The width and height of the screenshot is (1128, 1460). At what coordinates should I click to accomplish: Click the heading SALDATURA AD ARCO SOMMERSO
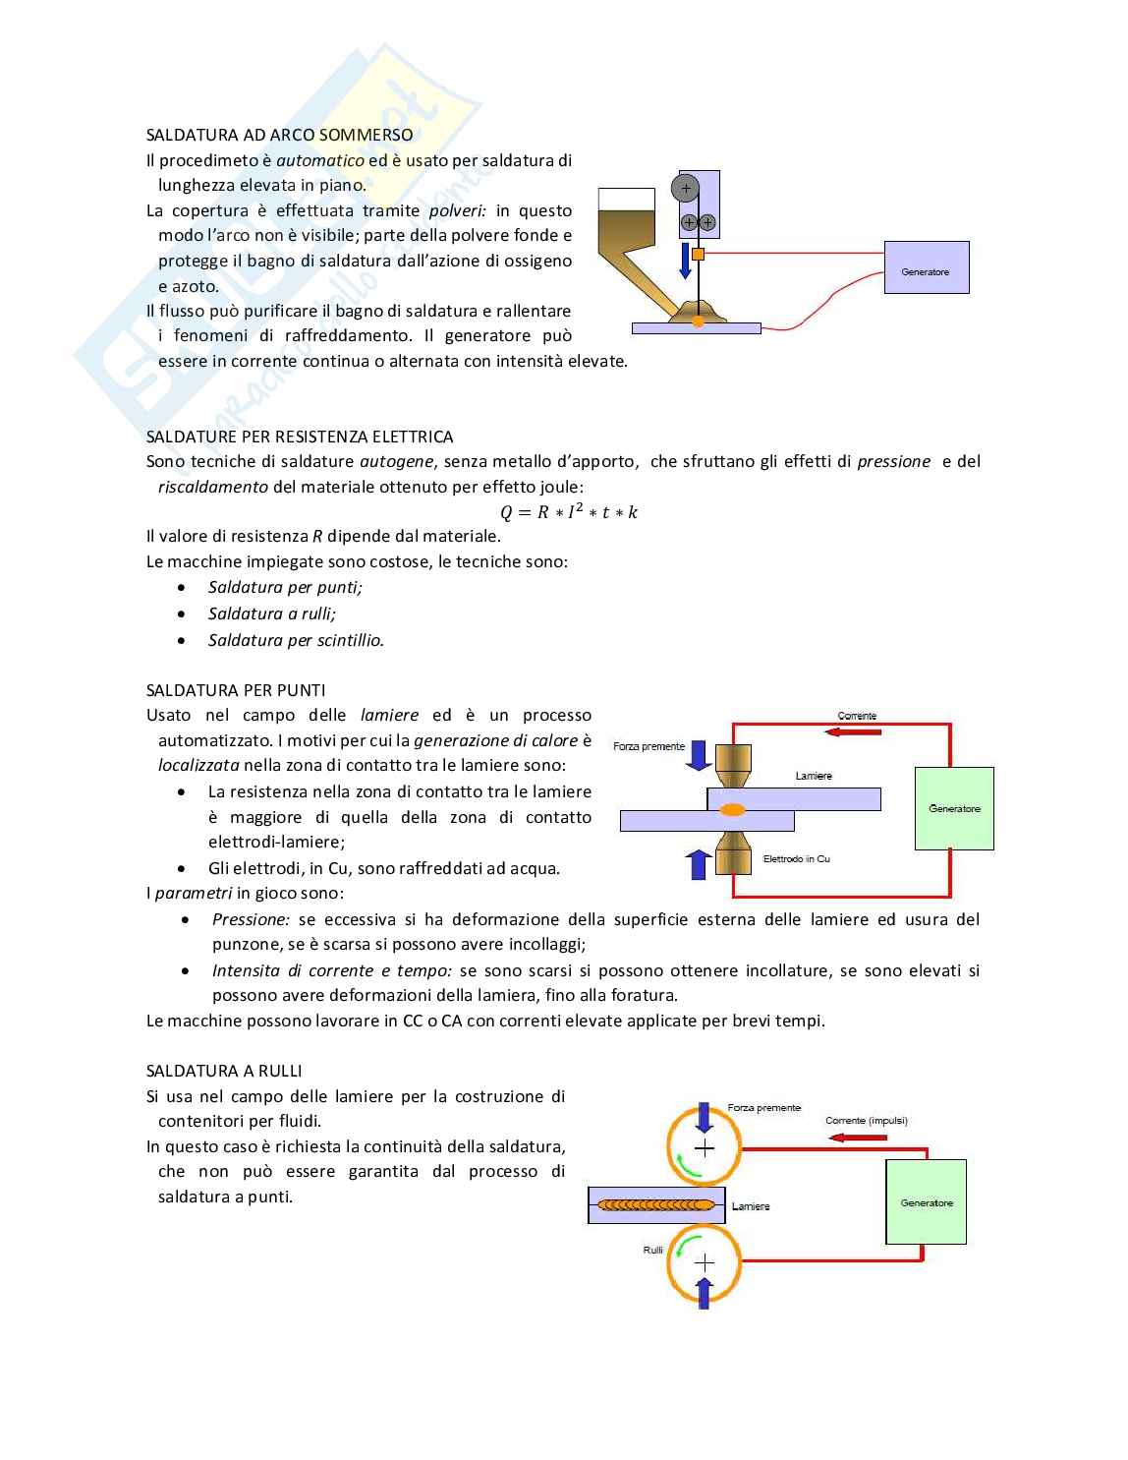279,135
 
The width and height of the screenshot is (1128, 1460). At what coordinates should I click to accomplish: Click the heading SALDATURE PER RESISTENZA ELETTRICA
300,437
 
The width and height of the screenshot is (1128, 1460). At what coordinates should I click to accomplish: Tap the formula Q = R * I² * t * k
568,512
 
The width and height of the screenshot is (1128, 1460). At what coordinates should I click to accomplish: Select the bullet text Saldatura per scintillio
296,640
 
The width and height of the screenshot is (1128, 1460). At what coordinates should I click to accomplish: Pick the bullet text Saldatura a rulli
271,613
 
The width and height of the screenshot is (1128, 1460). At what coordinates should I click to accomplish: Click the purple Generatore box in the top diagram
927,267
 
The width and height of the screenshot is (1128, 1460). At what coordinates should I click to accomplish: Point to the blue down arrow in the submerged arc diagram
686,263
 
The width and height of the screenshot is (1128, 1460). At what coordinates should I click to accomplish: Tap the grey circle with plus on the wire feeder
686,188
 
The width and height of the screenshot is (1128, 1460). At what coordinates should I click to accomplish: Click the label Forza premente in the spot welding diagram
649,746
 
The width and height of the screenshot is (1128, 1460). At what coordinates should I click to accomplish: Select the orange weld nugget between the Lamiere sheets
732,810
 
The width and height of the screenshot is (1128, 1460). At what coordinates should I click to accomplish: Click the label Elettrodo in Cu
796,858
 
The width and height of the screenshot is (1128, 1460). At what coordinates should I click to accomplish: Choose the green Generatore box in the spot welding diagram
954,808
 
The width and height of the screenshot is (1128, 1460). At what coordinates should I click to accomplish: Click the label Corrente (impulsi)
866,1121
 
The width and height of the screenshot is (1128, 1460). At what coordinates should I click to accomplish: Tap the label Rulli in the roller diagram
653,1250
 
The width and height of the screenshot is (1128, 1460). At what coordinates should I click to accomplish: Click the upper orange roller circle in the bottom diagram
704,1146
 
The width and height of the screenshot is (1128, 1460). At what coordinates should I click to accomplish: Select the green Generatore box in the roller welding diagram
926,1201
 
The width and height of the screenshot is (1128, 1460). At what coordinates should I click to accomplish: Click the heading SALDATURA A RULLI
224,1071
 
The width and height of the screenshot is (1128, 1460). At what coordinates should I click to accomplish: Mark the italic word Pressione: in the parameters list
251,919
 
